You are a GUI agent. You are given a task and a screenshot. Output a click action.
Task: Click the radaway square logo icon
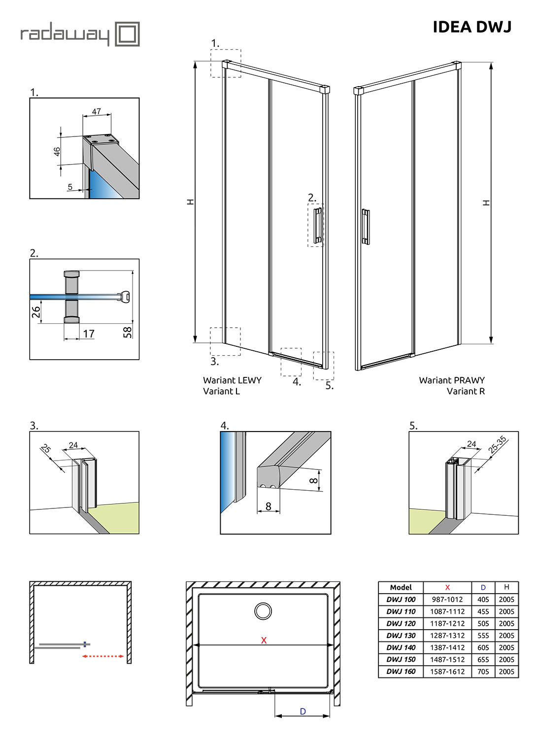click(127, 34)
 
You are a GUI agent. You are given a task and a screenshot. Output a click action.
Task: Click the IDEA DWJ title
click(472, 27)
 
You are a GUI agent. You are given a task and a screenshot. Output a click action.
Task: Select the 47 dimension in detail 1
click(97, 112)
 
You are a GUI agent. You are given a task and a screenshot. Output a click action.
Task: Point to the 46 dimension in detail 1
click(57, 151)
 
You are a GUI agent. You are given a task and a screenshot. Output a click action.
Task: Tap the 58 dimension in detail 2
click(128, 332)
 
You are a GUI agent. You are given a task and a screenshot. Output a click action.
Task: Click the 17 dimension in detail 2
click(89, 334)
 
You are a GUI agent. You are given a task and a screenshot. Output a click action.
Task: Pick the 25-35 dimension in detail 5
click(497, 444)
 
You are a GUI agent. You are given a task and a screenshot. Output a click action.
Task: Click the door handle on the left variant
click(318, 225)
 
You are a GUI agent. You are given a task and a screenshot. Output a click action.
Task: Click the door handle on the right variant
click(365, 227)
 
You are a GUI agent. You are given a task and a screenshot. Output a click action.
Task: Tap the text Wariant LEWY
click(232, 380)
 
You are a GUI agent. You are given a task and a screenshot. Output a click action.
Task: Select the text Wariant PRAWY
click(452, 380)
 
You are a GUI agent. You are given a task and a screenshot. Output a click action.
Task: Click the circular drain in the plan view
click(263, 611)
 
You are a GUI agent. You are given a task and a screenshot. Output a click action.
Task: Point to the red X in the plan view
click(264, 640)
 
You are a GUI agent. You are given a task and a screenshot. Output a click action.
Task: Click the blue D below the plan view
click(303, 711)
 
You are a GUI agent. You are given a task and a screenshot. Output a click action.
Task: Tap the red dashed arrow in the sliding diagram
click(103, 656)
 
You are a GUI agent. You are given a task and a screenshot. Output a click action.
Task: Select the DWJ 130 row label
click(401, 636)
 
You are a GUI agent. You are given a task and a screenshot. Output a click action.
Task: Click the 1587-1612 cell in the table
click(447, 672)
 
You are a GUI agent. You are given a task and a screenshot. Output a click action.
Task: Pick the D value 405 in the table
click(483, 600)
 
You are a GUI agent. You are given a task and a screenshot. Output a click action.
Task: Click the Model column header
click(401, 587)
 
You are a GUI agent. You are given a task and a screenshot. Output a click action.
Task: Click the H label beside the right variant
click(487, 202)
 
